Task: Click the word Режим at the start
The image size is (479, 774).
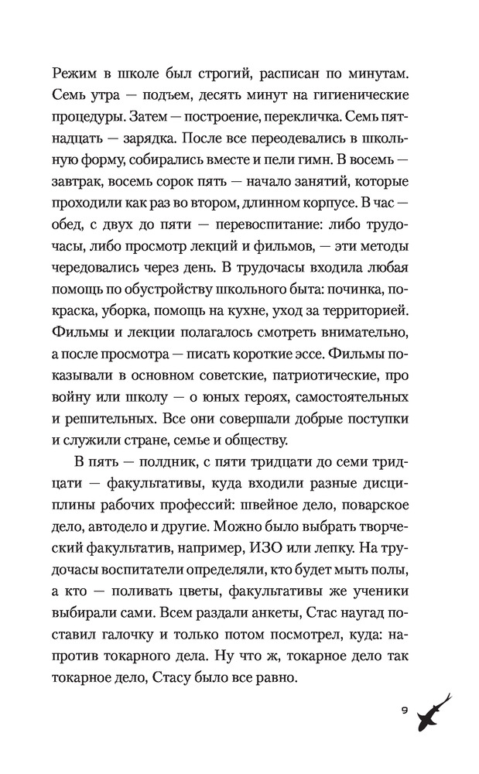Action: [75, 72]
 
